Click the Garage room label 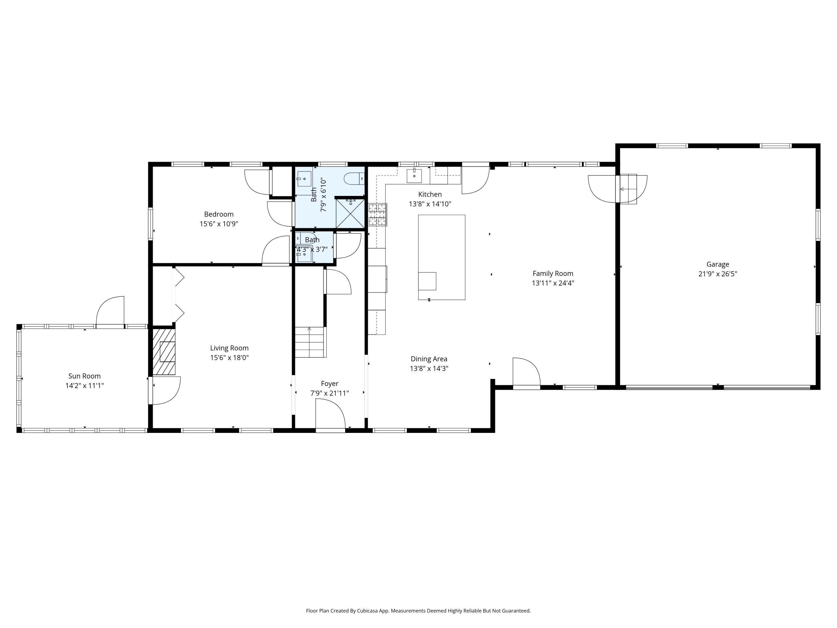coord(717,264)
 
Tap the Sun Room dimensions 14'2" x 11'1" coord(84,386)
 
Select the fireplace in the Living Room coord(164,352)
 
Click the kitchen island coord(442,257)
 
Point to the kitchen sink coord(414,176)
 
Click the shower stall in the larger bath coord(350,214)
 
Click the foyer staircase coord(310,342)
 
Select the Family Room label coord(553,273)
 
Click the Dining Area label coord(429,359)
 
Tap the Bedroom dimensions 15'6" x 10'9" coord(219,224)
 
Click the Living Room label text coord(229,348)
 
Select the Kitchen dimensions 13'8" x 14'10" coord(430,204)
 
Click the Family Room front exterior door coord(526,373)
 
